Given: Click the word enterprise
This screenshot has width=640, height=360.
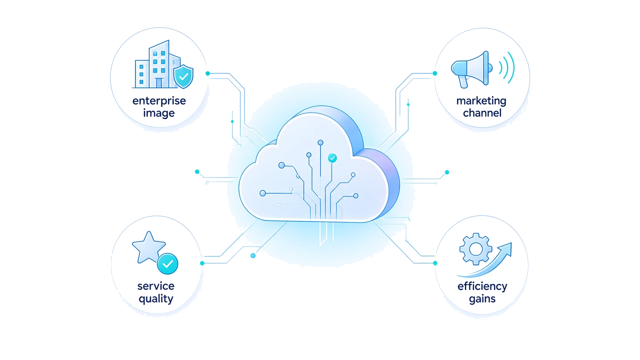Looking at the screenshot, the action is click(159, 101).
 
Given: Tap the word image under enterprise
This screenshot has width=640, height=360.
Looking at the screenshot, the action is click(159, 113).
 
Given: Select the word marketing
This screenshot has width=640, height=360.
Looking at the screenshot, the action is click(481, 101).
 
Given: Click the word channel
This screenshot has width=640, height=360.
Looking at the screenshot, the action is click(482, 113).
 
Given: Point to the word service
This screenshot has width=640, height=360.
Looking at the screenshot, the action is click(155, 286).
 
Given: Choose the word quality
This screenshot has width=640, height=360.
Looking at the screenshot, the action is click(155, 299).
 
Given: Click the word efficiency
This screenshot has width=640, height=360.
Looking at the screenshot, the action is click(482, 286).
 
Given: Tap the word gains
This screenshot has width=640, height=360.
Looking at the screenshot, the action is click(482, 299).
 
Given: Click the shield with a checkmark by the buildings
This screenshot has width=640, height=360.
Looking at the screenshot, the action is click(183, 76).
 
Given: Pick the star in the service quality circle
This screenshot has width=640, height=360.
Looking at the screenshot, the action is click(148, 247).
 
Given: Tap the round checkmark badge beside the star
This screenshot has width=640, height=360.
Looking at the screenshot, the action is click(167, 263).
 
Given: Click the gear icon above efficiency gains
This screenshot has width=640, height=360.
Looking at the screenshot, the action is click(475, 249).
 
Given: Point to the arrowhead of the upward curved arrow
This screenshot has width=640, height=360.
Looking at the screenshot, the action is click(506, 248).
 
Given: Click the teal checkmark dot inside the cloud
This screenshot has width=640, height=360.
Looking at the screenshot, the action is click(332, 157).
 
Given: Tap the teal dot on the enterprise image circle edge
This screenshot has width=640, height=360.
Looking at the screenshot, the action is click(207, 73).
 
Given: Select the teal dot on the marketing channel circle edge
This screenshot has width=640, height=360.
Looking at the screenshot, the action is click(435, 73).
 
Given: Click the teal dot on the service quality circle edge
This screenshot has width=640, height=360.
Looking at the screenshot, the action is click(202, 263).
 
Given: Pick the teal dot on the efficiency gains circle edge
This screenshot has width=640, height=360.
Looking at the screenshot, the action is click(435, 263).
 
